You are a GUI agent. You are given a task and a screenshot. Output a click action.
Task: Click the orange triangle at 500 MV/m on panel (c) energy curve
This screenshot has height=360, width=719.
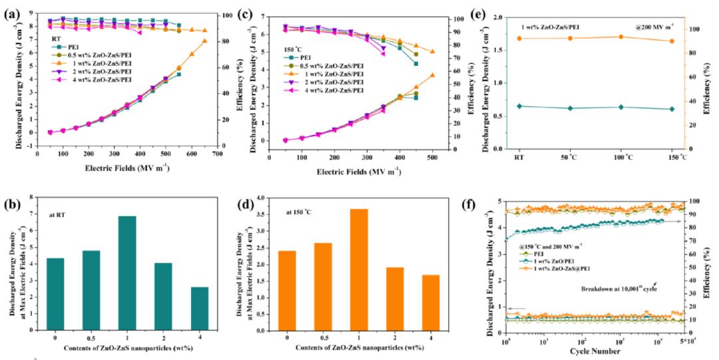tap(431, 75)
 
